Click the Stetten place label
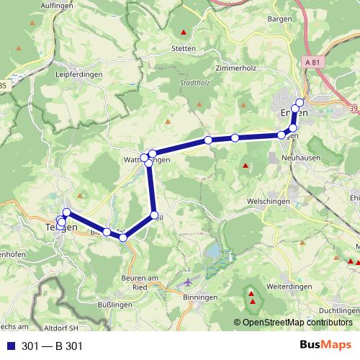pos(184,50)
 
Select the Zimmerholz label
pos(235,68)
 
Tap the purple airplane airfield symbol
pos(189,282)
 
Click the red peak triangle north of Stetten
pos(184,32)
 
